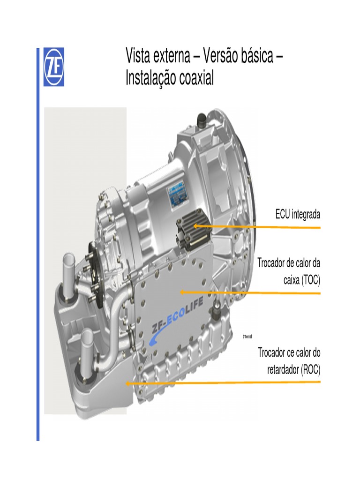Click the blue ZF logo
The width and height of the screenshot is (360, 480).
54,67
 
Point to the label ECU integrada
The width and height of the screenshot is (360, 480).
298,215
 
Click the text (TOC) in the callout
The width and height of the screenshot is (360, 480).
307,280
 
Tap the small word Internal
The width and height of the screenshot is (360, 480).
247,337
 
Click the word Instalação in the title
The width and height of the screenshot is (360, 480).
150,78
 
